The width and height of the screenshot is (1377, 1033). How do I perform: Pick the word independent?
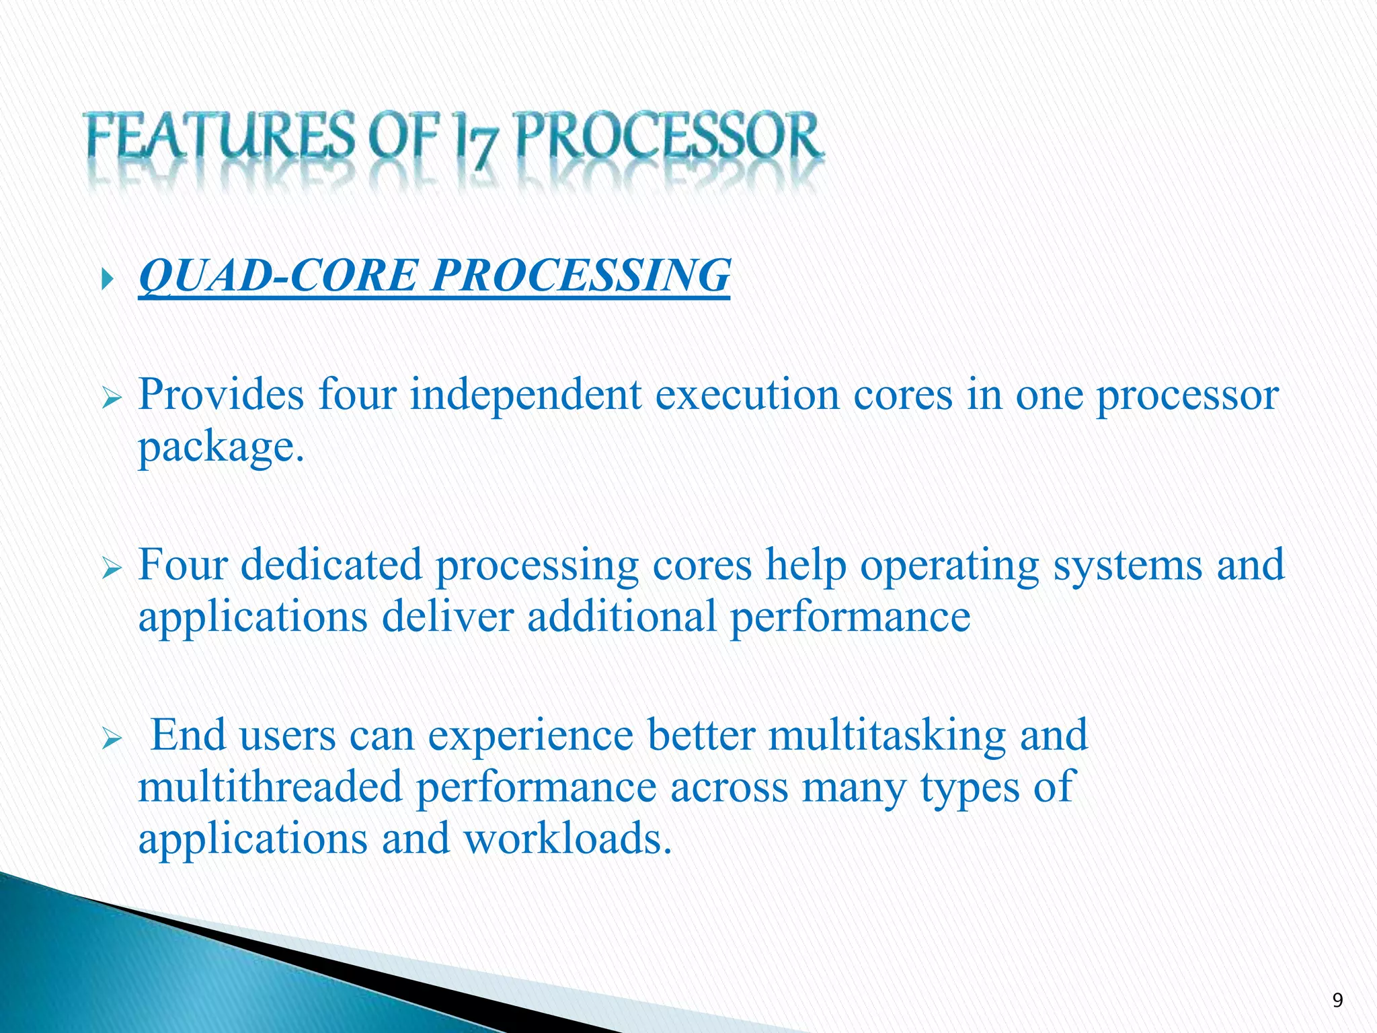tap(525, 395)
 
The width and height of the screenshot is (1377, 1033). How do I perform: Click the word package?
tap(221, 447)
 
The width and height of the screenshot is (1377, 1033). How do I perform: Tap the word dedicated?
tap(331, 565)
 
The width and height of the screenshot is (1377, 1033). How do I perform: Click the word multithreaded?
tap(270, 787)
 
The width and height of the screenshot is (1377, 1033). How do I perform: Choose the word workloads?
tap(567, 839)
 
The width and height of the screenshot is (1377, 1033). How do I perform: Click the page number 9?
tap(1337, 1001)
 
